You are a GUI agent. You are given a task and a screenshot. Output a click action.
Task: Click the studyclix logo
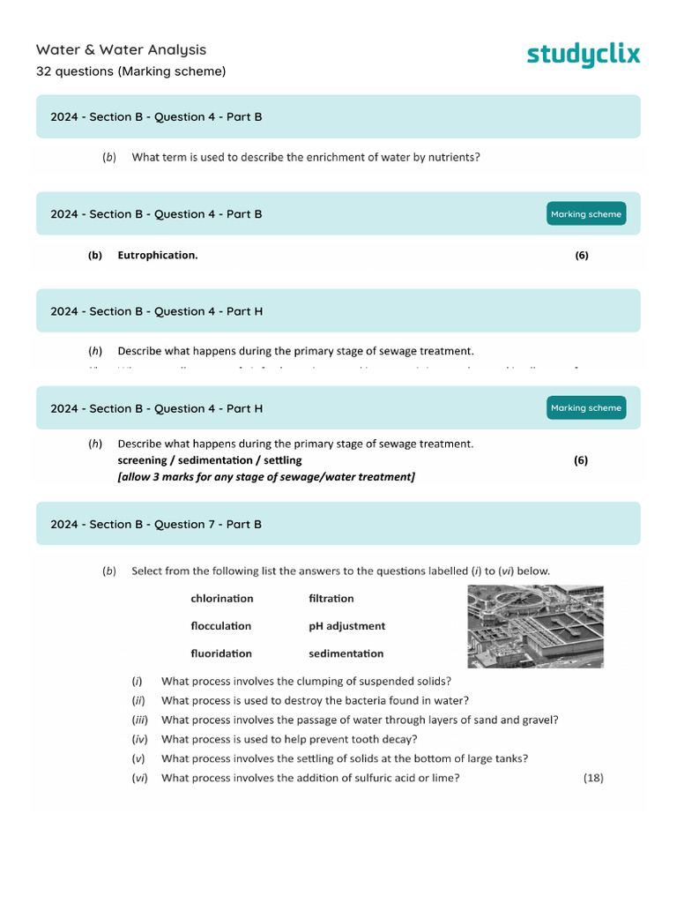pos(584,55)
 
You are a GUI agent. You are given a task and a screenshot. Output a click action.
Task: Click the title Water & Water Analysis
pos(121,50)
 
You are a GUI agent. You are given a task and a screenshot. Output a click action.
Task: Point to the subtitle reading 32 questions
pos(130,71)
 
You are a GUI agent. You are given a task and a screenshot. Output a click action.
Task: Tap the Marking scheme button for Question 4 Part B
pos(586,214)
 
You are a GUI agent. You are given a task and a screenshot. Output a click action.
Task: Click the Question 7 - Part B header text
pos(156,525)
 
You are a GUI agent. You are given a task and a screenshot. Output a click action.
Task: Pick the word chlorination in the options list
pos(222,599)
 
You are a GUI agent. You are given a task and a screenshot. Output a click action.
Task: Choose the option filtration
pos(331,599)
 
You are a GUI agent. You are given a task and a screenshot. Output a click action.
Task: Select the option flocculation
pos(221,626)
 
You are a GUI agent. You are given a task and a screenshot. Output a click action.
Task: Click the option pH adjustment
pos(346,626)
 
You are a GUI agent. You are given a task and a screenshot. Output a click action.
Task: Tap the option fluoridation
pos(221,653)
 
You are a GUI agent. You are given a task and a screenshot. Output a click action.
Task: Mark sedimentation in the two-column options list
pos(346,653)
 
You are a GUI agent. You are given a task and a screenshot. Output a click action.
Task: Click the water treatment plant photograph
pos(535,626)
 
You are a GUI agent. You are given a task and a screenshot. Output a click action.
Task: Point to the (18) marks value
pos(593,778)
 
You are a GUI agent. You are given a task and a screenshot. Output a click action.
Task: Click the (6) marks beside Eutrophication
pos(582,256)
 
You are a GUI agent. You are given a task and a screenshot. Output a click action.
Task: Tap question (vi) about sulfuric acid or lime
pos(309,778)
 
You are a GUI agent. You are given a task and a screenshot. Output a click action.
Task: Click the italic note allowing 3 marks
pos(265,477)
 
